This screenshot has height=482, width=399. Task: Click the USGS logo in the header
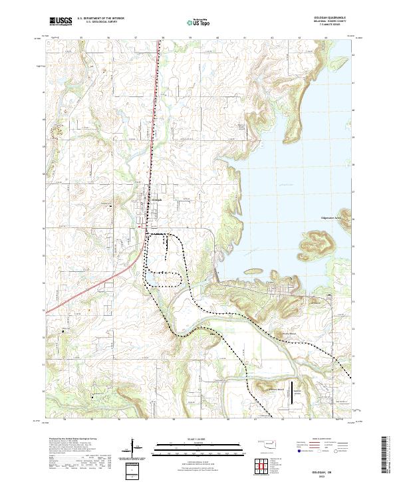pyautogui.click(x=61, y=21)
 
